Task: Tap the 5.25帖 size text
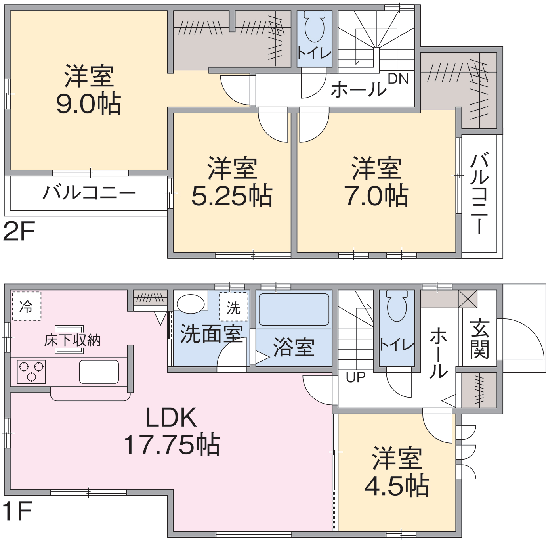232,196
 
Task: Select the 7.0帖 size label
376,196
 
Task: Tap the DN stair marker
398,79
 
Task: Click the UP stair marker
355,377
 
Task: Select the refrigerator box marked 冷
27,306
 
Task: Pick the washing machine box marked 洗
234,307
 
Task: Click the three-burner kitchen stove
31,372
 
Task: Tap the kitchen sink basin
99,372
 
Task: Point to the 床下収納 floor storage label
72,340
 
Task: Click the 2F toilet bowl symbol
315,27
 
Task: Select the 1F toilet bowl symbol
397,306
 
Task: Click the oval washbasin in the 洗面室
191,304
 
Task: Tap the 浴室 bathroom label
294,347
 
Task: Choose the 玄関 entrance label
480,339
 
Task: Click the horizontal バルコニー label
89,193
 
